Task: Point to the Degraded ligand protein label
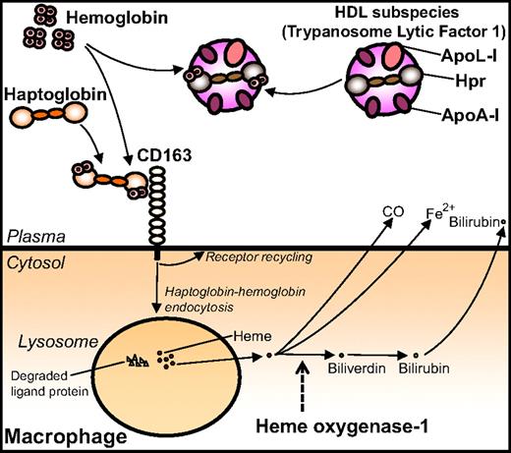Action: [x=47, y=382]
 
